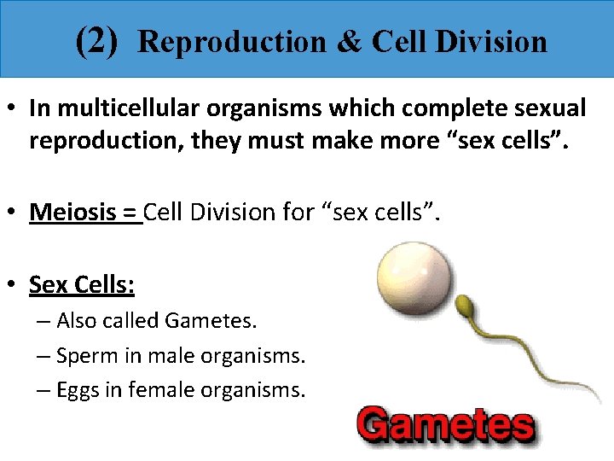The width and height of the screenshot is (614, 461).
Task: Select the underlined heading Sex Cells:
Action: coord(81,283)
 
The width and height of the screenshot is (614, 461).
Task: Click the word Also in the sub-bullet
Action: coord(75,321)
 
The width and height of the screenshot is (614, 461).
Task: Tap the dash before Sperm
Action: coord(43,356)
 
